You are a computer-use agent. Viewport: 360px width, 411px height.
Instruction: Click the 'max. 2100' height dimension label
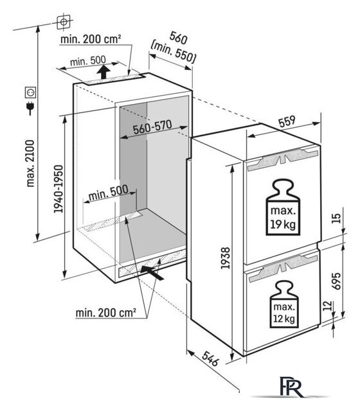click(31, 163)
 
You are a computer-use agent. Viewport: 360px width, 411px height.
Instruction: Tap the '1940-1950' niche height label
click(59, 189)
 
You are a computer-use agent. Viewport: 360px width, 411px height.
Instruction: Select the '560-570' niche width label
click(152, 127)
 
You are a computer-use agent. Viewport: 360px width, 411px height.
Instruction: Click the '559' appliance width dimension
click(287, 121)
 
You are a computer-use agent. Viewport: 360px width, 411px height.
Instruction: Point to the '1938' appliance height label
click(226, 258)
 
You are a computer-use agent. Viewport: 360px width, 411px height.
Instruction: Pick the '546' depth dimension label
click(210, 358)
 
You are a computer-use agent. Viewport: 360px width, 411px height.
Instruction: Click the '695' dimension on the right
click(336, 281)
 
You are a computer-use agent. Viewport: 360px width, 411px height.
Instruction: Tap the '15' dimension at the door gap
click(336, 218)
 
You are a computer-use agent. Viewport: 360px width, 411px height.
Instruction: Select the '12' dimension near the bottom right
click(327, 306)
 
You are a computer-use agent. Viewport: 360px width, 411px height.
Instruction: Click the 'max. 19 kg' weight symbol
click(283, 207)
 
